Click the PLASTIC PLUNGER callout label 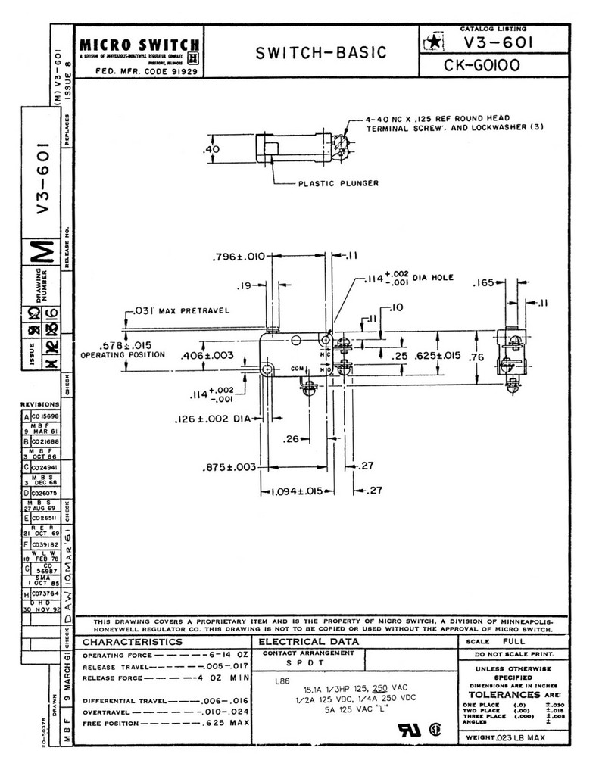coord(338,182)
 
